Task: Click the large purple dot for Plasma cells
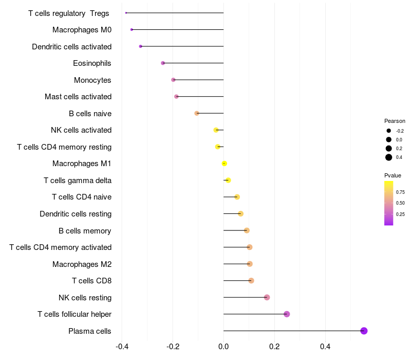364,331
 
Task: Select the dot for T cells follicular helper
287,314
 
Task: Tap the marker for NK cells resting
267,297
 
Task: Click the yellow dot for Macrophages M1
224,164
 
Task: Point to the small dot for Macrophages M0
132,30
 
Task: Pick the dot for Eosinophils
163,63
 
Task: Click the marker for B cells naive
197,113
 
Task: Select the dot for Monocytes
173,80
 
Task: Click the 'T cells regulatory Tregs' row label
69,13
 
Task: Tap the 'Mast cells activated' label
78,97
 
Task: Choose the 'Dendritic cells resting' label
76,214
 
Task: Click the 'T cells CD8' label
92,281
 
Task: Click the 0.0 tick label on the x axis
223,347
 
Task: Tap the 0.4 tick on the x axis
325,347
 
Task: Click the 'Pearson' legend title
395,121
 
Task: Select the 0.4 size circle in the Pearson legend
389,157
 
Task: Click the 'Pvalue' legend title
393,175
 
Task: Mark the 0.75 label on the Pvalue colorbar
400,192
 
